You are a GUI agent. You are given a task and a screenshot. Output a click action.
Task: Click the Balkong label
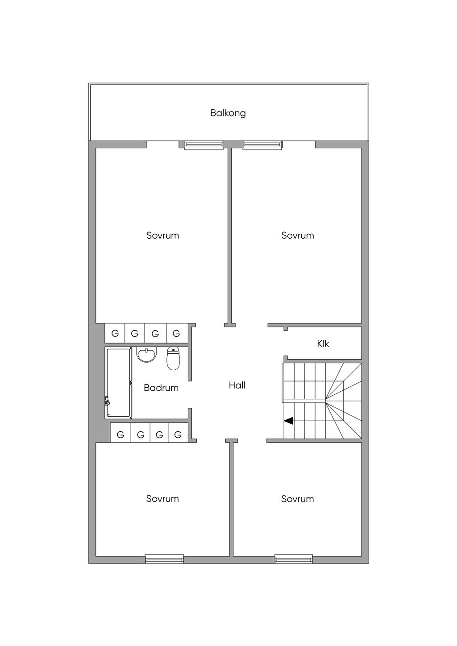(228, 113)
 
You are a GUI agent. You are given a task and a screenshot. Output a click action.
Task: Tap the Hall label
(237, 385)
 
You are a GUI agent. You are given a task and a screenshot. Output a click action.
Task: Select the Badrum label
(161, 388)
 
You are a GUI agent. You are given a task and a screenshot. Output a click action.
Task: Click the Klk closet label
(323, 344)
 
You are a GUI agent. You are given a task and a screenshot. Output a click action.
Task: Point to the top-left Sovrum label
(162, 235)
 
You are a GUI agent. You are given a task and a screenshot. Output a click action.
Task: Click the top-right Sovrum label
(297, 235)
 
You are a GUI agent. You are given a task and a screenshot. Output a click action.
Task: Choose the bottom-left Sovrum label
(162, 499)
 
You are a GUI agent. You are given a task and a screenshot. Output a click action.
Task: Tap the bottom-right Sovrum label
(297, 499)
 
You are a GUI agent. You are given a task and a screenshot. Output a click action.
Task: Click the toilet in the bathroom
(173, 358)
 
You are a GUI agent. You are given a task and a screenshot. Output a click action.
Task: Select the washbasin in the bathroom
(146, 355)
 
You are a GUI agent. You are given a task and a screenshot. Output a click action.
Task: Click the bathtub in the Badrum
(118, 383)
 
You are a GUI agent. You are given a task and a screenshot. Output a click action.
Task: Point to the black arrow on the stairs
(289, 420)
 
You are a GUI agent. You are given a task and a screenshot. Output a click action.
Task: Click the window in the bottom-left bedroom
(164, 558)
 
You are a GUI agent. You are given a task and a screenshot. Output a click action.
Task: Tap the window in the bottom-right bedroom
(294, 558)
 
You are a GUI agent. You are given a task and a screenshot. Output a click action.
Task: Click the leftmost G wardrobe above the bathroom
(115, 333)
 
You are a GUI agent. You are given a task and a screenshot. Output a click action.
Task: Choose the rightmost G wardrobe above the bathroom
(176, 333)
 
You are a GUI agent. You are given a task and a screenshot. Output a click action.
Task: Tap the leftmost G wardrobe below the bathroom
(120, 434)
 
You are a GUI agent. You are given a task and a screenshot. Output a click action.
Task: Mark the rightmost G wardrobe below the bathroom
(178, 434)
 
